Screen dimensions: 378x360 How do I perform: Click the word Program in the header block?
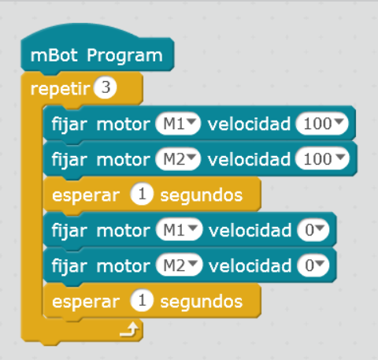124,56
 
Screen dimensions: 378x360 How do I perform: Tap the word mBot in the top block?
54,55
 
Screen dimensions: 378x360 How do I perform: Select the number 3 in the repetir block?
106,87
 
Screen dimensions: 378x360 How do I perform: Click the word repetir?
60,89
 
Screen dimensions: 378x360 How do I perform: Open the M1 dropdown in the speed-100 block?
178,124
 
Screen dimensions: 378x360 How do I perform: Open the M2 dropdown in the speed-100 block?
178,159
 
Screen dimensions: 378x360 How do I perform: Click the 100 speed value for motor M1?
322,124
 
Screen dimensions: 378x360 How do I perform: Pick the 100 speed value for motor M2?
322,159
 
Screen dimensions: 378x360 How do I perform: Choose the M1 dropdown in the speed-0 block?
180,230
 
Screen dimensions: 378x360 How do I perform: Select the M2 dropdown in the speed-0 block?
180,265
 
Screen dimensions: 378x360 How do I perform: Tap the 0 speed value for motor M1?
313,230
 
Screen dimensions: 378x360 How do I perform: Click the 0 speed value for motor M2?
313,265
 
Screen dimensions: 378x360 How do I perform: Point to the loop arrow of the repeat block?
129,329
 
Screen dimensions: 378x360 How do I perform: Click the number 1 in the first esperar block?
142,195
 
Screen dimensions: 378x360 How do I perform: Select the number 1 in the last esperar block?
142,300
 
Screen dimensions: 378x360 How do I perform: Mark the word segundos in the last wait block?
202,302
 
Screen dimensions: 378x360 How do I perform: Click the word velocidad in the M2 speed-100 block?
249,159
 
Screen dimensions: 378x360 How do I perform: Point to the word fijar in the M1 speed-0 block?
69,231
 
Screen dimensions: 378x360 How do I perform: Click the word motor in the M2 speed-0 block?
123,265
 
